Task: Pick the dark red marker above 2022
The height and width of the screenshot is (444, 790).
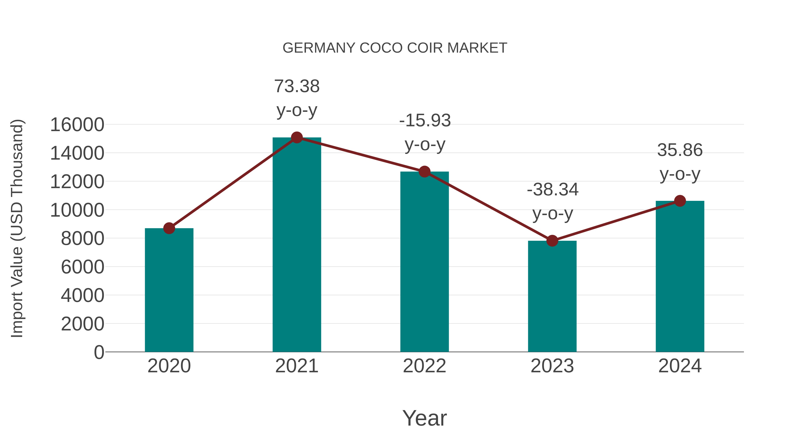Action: click(x=424, y=172)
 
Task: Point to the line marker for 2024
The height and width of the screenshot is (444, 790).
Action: click(x=680, y=201)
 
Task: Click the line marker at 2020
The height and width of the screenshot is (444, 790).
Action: click(x=169, y=228)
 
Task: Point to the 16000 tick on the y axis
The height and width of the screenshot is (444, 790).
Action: click(x=77, y=125)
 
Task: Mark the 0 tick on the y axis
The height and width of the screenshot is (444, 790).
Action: click(x=99, y=352)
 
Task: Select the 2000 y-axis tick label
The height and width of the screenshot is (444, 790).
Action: click(x=83, y=324)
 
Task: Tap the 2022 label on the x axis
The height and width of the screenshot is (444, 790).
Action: click(x=424, y=366)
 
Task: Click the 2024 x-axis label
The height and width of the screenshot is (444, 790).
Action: click(x=680, y=366)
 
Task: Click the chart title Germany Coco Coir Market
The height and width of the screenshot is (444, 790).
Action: click(x=395, y=48)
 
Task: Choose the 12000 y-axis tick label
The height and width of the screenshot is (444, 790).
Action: click(x=77, y=182)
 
